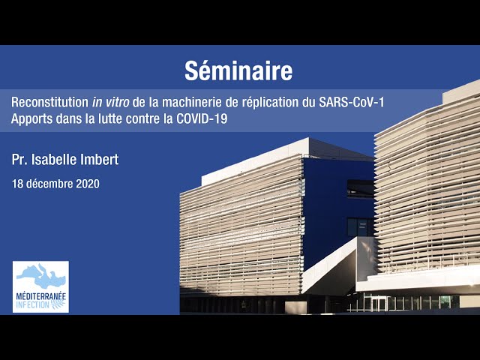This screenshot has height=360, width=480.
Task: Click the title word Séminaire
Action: [238, 70]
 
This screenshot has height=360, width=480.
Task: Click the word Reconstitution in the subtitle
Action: [50, 102]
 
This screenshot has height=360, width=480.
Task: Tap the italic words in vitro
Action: [110, 102]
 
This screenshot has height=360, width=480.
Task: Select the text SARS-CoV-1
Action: [352, 102]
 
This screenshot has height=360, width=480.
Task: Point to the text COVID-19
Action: [202, 118]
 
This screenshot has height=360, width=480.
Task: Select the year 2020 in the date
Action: [88, 184]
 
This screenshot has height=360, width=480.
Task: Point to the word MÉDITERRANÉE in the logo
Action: [40, 296]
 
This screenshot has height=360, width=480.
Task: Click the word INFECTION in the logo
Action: [32, 304]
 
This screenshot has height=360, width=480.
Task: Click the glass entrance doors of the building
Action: [379, 304]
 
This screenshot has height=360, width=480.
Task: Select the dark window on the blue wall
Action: [360, 227]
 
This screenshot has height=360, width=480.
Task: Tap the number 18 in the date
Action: [17, 184]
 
